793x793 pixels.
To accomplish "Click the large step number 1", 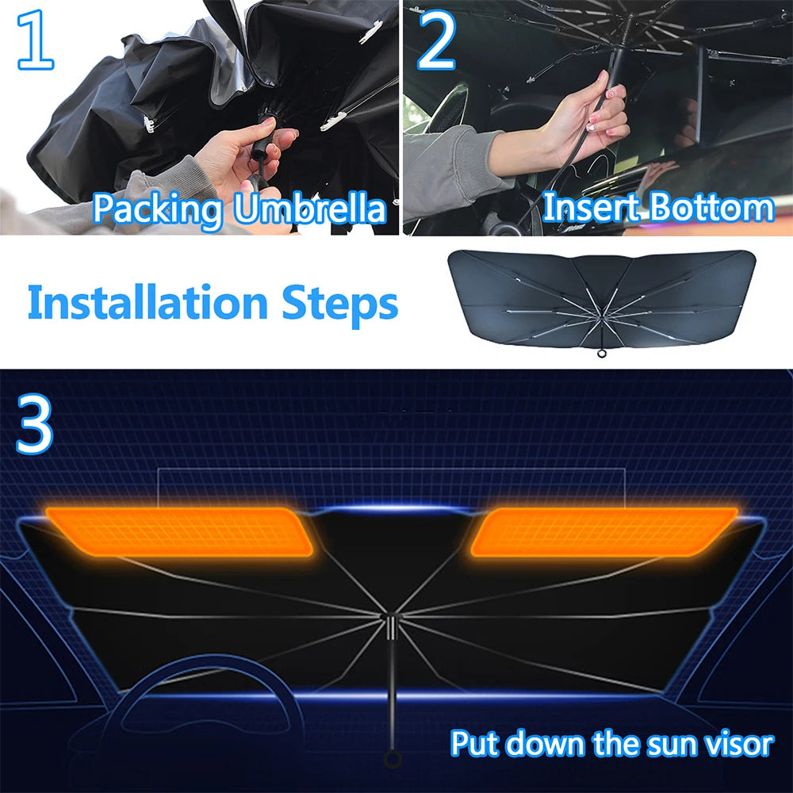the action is pos(35,40).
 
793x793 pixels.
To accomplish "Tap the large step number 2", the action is pos(436,40).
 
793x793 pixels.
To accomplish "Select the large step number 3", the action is pos(34,423).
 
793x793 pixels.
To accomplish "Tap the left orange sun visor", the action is pos(179,532).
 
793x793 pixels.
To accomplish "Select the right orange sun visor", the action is pos(603,532).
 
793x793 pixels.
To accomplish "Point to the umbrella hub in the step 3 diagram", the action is pos(392,627).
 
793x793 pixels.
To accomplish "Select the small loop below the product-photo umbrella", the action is pos(601,354).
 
